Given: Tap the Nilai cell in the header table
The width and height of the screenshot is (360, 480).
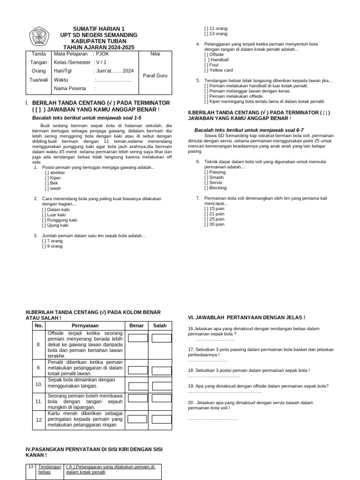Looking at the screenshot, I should click(155, 54).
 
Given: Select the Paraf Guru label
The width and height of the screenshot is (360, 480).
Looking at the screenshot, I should click(155, 75).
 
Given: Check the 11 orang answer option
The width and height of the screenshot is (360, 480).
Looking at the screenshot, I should click(216, 28).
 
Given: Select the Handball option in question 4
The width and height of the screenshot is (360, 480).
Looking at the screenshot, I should click(218, 60).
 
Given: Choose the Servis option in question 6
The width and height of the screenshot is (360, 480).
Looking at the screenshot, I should click(215, 182).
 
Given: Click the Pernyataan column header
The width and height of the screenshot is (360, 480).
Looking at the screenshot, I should click(84, 325).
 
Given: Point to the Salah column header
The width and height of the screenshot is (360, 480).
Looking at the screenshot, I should click(160, 325).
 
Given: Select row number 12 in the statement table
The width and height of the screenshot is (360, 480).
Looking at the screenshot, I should click(39, 420).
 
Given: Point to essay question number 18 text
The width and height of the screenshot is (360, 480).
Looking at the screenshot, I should click(248, 370).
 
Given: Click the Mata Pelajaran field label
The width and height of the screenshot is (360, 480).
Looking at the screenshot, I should click(70, 54).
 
